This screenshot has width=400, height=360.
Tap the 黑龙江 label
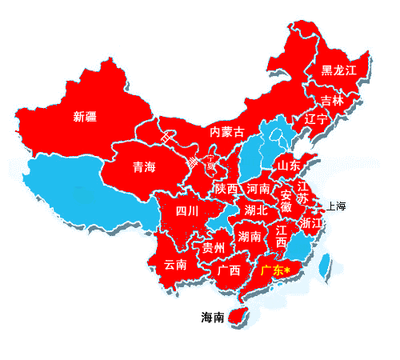point(338,70)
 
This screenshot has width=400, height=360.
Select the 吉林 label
point(332,101)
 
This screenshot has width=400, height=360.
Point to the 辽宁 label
point(317,119)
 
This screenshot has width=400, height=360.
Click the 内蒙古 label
point(226,131)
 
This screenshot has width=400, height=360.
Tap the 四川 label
point(187,211)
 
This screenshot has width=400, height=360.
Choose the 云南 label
point(175,264)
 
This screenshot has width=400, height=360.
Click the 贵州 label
point(214,246)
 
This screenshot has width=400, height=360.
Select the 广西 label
point(229,270)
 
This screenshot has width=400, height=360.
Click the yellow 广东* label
point(274,271)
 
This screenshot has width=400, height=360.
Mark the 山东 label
point(289,165)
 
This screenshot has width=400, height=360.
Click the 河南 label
point(258,189)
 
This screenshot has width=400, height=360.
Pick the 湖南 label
point(250,237)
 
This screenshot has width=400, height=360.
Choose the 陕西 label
point(226,189)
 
